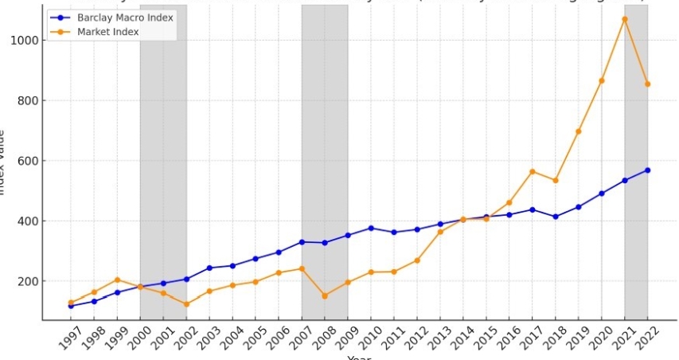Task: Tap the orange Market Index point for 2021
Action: (625, 19)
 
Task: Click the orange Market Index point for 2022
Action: (648, 84)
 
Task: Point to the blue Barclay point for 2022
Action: (648, 170)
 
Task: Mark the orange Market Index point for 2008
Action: (325, 295)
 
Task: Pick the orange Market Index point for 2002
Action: (186, 304)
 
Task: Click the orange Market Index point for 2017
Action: (533, 171)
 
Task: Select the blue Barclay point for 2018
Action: (556, 217)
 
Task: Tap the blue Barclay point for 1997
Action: (71, 306)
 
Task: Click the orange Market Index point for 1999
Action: (117, 280)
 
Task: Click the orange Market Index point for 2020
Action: (602, 80)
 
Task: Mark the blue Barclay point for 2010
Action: (371, 228)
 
